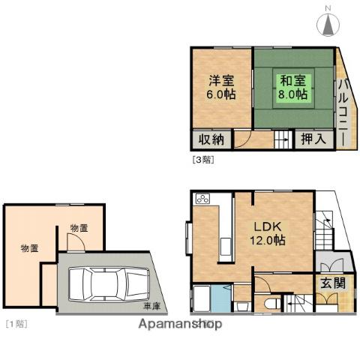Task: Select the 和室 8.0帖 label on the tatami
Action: pyautogui.click(x=293, y=88)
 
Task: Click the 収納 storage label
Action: pyautogui.click(x=211, y=139)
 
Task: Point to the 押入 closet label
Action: pyautogui.click(x=312, y=139)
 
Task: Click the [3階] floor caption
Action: pyautogui.click(x=202, y=159)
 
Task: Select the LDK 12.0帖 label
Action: pyautogui.click(x=267, y=233)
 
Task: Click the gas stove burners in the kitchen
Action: pyautogui.click(x=202, y=199)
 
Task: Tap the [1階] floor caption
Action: pyautogui.click(x=16, y=323)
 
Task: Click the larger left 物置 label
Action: pyautogui.click(x=30, y=248)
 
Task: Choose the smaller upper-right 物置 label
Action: pyautogui.click(x=79, y=227)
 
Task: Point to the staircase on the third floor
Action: pyautogui.click(x=281, y=139)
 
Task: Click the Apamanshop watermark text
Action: pyautogui.click(x=179, y=325)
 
